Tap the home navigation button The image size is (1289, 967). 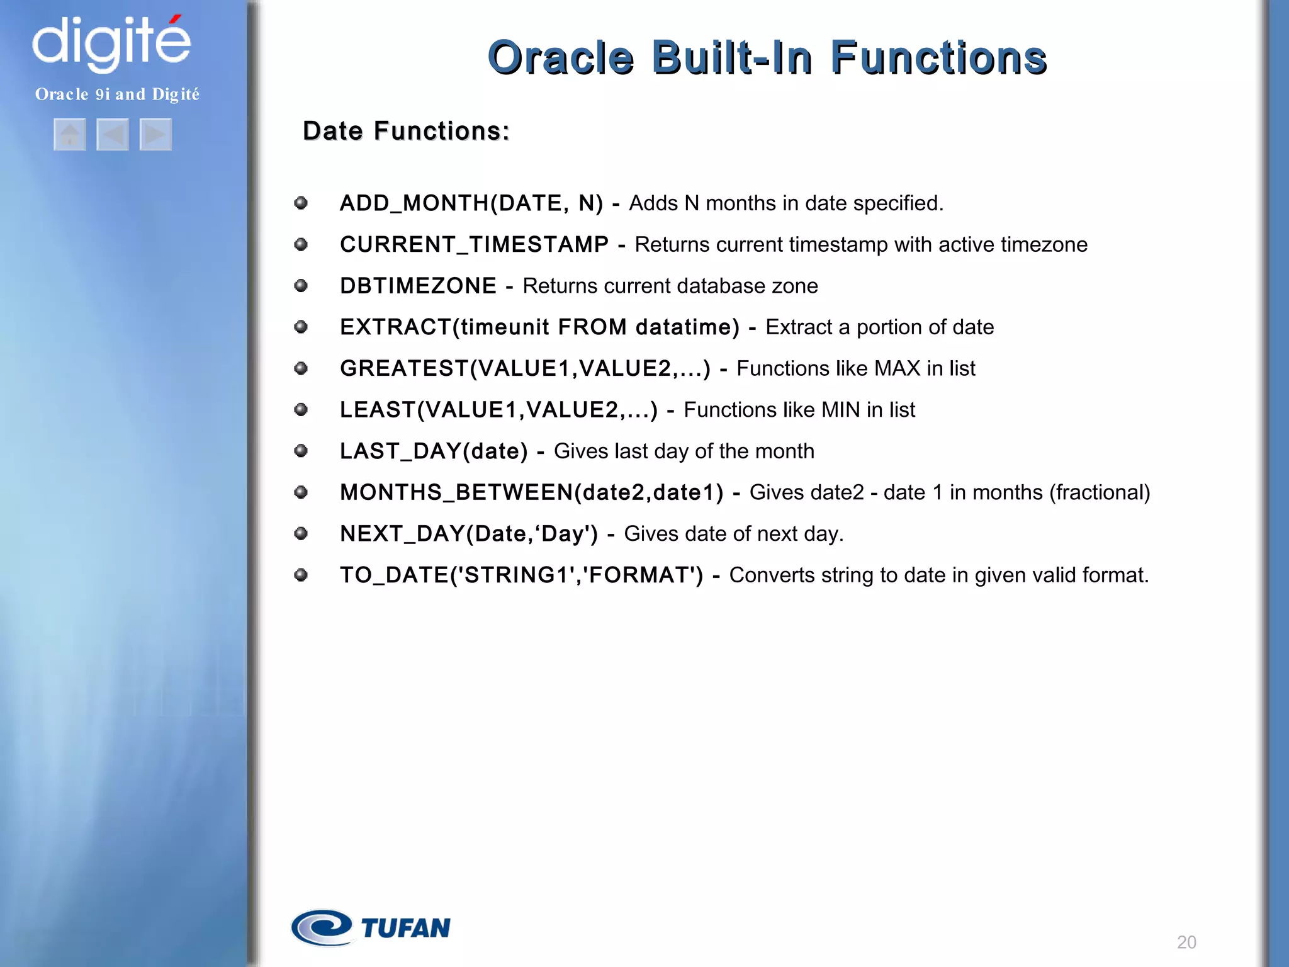point(70,134)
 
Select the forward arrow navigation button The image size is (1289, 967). point(155,134)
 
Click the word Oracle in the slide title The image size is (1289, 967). point(560,58)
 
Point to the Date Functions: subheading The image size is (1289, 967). point(406,131)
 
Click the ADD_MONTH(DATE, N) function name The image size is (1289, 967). point(471,203)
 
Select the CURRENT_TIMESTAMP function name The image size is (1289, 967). point(474,244)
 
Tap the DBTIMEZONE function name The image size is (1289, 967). point(418,286)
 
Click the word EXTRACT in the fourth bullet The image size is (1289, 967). point(395,327)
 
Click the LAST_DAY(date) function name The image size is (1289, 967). point(434,451)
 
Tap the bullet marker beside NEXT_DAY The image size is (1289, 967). point(301,534)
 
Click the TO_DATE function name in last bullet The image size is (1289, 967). point(393,575)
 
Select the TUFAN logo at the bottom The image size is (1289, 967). point(371,927)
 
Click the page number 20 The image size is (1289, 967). point(1186,942)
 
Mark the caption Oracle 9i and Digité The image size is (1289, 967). point(117,94)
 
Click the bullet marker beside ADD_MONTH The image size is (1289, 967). point(301,203)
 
